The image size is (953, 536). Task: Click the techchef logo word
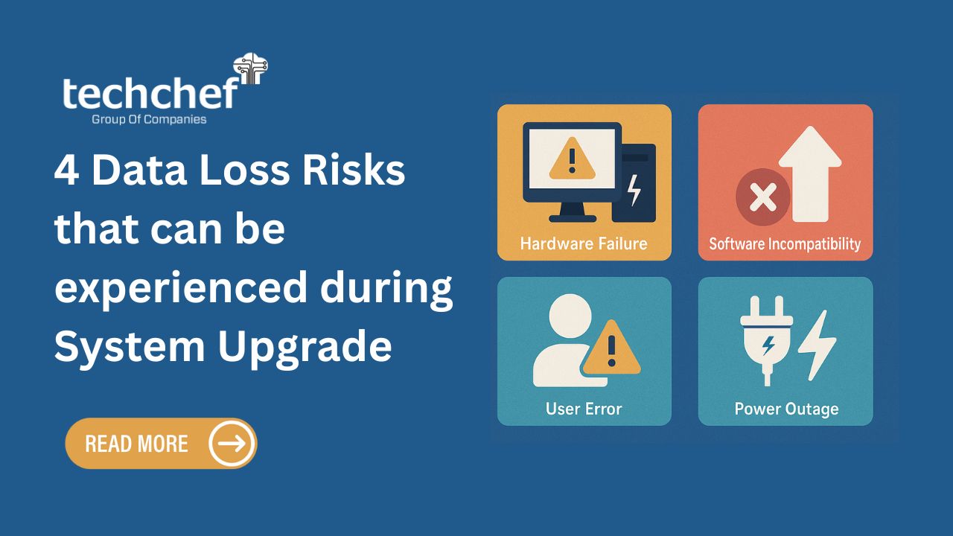pos(151,93)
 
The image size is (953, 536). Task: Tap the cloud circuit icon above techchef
pos(251,68)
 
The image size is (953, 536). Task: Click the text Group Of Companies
pos(149,120)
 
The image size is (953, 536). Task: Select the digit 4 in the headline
pos(67,170)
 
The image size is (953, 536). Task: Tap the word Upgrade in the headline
pos(305,348)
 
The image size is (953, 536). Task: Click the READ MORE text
pos(136,444)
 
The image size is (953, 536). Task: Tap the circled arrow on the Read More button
pos(232,443)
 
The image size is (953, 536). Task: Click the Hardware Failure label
pos(584,243)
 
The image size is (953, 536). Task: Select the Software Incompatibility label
pos(785,244)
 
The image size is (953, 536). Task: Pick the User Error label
pos(584,409)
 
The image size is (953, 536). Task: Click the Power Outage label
pos(787,409)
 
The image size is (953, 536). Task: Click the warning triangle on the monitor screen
pos(573,159)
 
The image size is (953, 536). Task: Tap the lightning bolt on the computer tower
pos(634,190)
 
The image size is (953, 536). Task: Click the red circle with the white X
pos(763,197)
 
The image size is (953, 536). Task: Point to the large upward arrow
pos(811,173)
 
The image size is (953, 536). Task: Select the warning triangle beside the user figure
pos(611,348)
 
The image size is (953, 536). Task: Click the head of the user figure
pos(570,316)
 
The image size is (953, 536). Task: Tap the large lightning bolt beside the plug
pos(817,345)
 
